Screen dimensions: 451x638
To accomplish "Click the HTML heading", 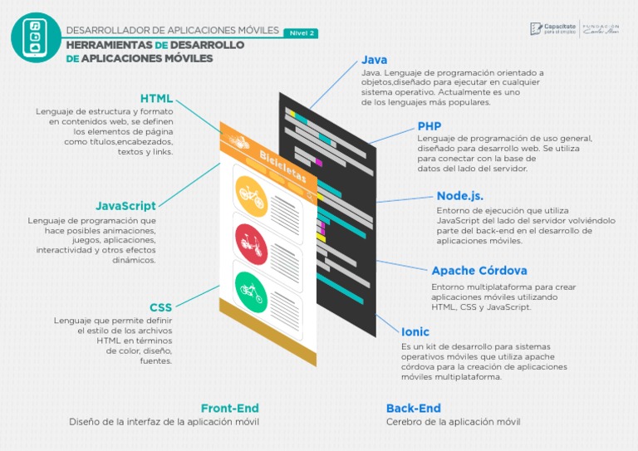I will click(156, 99).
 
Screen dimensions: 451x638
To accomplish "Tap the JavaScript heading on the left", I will click(125, 205).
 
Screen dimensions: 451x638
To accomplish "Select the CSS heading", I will click(161, 307).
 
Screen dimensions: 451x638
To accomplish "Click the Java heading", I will click(374, 60).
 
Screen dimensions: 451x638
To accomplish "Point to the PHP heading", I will click(429, 125).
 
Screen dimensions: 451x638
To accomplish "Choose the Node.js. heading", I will click(459, 196).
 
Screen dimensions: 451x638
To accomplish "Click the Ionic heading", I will click(415, 331).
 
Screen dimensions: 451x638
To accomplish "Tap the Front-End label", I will click(230, 408).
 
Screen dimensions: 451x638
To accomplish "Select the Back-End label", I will click(414, 408).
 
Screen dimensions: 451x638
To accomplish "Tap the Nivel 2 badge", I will click(300, 33).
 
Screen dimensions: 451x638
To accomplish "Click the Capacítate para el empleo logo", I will click(552, 29).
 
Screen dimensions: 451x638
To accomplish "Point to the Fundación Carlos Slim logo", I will click(602, 29).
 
